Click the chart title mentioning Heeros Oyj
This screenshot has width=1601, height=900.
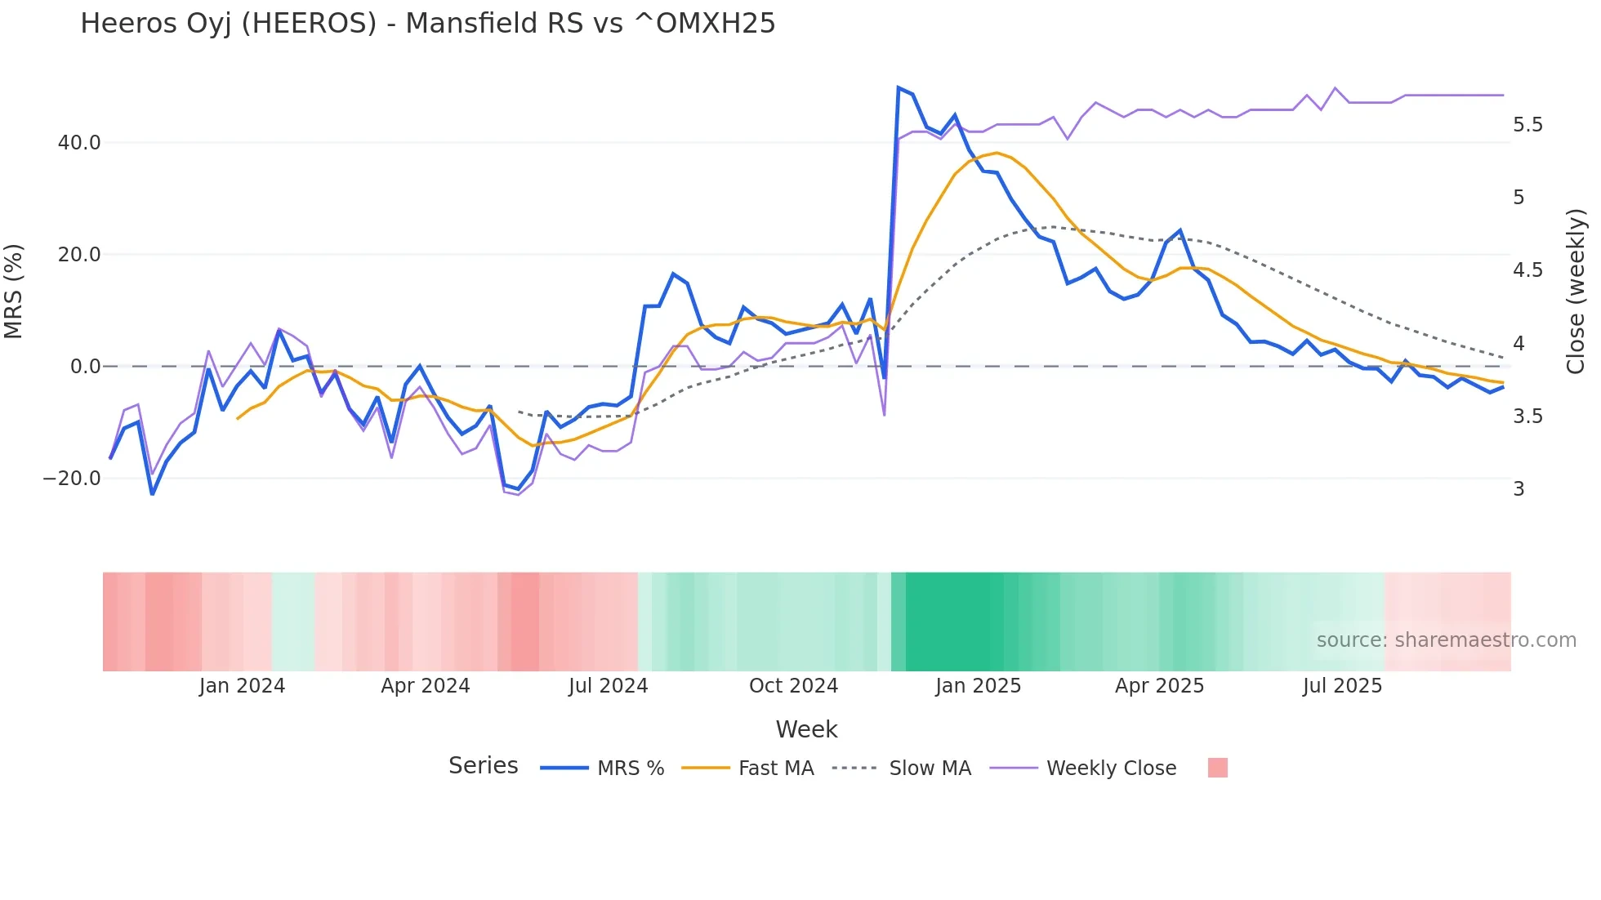coord(427,24)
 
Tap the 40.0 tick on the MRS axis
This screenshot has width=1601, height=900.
coord(79,143)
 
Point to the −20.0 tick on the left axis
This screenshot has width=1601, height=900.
coord(72,479)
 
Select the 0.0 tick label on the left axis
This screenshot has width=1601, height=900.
coord(85,367)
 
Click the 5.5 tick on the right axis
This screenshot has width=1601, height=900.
coord(1527,125)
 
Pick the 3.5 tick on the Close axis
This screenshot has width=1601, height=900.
coord(1527,417)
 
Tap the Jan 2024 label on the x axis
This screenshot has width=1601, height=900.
coord(242,686)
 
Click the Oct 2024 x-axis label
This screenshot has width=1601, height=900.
coord(793,686)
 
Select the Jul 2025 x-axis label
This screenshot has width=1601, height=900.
coord(1342,686)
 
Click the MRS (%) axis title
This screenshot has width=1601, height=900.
coord(14,292)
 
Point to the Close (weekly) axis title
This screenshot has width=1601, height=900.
coord(1576,292)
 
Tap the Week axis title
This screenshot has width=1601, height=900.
coord(806,729)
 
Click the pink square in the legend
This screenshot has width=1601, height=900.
coord(1217,768)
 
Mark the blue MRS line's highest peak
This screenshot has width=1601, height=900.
coord(899,87)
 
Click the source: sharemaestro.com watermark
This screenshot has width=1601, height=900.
coord(1446,640)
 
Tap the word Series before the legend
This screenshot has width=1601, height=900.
coord(483,766)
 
